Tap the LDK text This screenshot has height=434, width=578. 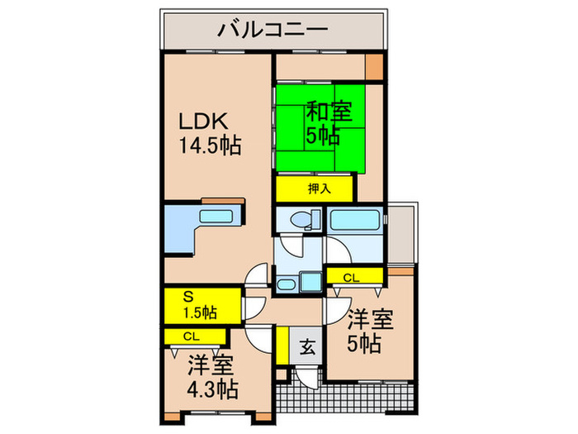204,121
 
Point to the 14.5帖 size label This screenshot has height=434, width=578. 211,146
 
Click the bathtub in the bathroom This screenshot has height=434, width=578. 356,221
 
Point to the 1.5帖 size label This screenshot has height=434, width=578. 199,312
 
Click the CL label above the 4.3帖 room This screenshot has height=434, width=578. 191,336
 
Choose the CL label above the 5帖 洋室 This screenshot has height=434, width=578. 351,277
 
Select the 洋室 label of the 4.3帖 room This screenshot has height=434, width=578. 211,365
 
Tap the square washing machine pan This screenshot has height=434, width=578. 310,283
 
